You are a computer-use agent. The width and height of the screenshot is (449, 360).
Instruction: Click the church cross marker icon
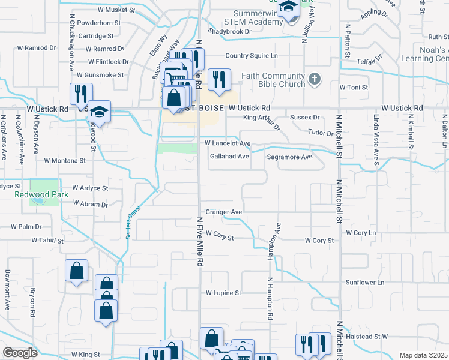click(x=314, y=79)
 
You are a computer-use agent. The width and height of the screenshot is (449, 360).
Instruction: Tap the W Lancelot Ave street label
click(x=228, y=144)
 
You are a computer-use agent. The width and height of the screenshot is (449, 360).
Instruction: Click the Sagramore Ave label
click(x=290, y=157)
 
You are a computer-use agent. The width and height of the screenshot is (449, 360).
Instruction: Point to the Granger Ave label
click(x=223, y=212)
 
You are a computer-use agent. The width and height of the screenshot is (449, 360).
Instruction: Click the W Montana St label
click(x=65, y=161)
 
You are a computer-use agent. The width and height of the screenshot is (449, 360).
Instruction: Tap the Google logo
click(x=20, y=353)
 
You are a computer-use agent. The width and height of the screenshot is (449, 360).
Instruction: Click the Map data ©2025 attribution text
click(x=424, y=355)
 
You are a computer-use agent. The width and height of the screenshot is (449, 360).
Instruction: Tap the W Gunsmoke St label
click(x=100, y=75)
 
